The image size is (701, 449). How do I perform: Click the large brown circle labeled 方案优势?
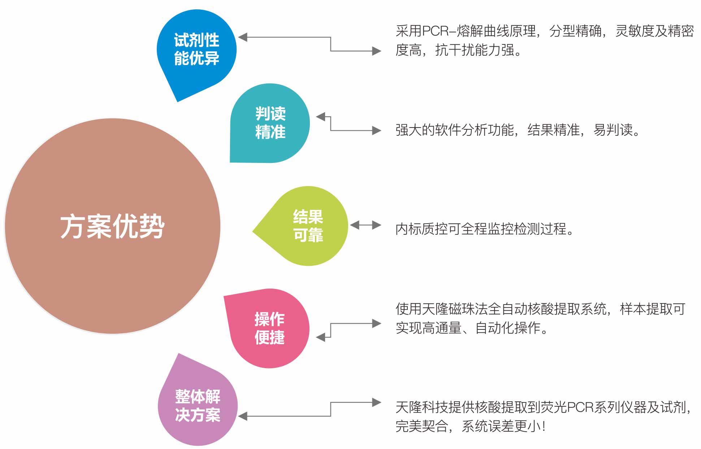[x=112, y=226]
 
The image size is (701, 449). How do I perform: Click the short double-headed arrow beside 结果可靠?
[x=365, y=225]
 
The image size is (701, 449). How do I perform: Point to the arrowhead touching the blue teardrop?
[x=243, y=37]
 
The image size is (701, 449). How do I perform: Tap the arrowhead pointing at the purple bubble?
[x=243, y=416]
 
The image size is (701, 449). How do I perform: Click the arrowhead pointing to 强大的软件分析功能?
[x=377, y=130]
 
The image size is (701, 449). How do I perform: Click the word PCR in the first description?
[x=435, y=31]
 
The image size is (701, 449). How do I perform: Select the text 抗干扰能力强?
[x=475, y=50]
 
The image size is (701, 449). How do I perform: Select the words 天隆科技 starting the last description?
[x=422, y=407]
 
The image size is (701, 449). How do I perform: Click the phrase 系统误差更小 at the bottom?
[x=501, y=427]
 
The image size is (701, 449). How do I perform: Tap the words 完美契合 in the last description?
[x=422, y=427]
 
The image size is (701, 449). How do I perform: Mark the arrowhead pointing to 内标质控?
[x=377, y=225]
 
